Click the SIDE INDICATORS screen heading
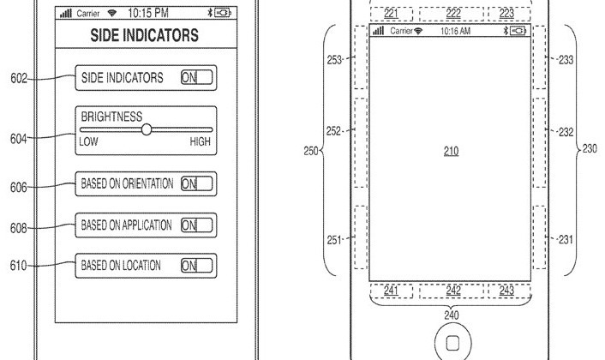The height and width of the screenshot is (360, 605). [x=144, y=35]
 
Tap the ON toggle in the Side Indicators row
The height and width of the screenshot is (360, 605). [x=197, y=77]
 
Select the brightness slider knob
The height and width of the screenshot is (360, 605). [x=147, y=129]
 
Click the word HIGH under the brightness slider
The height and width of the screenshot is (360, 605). [x=201, y=141]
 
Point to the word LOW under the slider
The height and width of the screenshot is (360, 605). [x=88, y=141]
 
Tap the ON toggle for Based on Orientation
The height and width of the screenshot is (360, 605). [x=197, y=183]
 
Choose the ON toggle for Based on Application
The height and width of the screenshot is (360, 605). [x=197, y=225]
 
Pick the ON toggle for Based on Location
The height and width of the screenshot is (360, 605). [x=197, y=266]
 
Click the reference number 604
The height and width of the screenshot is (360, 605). [x=19, y=138]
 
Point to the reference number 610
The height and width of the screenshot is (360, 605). [x=19, y=266]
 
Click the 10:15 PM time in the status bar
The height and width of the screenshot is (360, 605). [x=148, y=13]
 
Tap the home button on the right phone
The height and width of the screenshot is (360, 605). [x=452, y=342]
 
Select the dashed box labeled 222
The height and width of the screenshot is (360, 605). [x=452, y=15]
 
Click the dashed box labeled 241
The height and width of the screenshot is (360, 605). [x=392, y=291]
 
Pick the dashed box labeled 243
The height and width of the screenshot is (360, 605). [x=509, y=291]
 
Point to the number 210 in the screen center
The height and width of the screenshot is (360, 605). [x=451, y=151]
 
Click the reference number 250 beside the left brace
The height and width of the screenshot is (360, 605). [x=311, y=151]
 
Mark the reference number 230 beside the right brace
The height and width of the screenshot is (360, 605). [x=590, y=148]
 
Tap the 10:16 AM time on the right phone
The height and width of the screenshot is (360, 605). [x=455, y=31]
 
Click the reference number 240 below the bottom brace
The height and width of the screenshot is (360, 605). [x=452, y=315]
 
